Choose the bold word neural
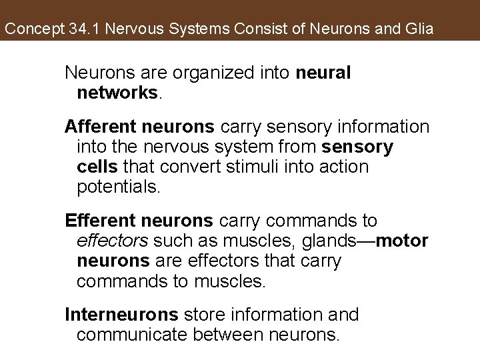(326, 73)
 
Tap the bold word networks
(117, 92)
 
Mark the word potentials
(118, 186)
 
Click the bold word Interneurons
(121, 314)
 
